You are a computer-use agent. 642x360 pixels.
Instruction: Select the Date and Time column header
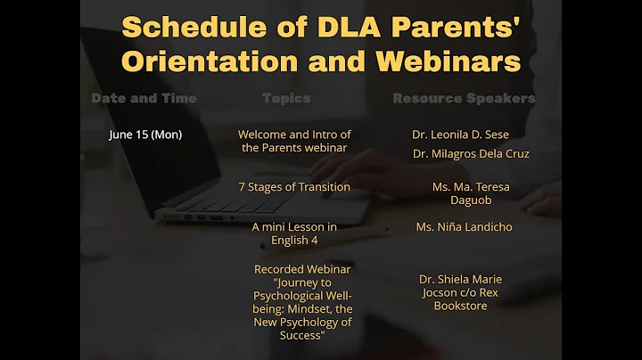pos(144,98)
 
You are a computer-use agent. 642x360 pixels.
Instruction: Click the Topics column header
pos(286,98)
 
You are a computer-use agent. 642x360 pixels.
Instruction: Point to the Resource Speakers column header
pos(464,98)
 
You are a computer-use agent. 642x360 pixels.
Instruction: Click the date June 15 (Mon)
pos(145,135)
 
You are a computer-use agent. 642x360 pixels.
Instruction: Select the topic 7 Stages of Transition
pos(294,187)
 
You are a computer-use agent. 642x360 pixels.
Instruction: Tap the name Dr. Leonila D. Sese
pos(460,135)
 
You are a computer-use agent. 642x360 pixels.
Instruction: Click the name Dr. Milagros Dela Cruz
pos(471,154)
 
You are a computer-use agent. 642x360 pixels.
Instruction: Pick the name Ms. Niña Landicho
pos(464,227)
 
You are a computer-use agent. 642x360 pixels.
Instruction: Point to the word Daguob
pos(471,200)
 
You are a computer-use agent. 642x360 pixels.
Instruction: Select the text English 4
pos(294,240)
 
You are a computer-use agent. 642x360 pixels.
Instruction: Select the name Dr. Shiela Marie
pos(460,279)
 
